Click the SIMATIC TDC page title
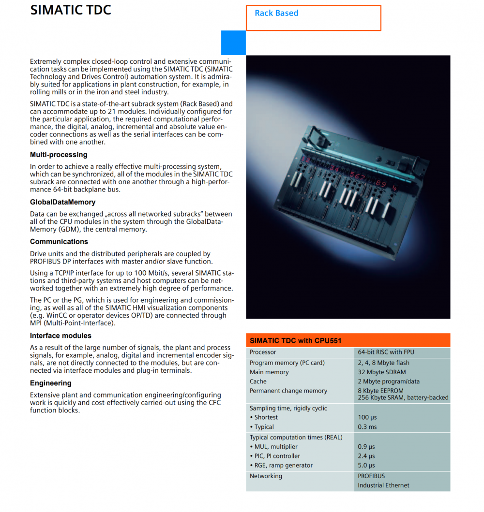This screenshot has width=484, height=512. pos(71,10)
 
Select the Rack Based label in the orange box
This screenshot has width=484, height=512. pos(276,13)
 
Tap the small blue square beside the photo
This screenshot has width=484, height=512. pos(233,43)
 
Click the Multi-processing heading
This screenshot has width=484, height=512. pos(59,155)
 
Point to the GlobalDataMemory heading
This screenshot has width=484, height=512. pos(62,202)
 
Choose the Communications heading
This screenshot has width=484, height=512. pos(59,242)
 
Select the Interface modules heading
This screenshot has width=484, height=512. pos(60,336)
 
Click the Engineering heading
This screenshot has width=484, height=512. pos(50,383)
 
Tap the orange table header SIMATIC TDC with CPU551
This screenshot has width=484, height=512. pos(295,340)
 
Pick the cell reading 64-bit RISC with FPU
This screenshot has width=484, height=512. pos(386,352)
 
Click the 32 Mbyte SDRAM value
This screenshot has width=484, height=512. pos(381,372)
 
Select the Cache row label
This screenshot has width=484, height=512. pos(258,381)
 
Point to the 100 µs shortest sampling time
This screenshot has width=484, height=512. pos(367,417)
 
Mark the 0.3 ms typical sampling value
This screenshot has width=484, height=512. pos(366,427)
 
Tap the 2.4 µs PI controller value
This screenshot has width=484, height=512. pos(366,456)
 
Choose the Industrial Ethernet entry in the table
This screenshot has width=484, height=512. pos(383,485)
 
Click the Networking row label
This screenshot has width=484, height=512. pos(266,476)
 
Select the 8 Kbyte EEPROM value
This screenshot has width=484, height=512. pos(380,391)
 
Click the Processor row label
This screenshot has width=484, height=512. pos(263,352)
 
